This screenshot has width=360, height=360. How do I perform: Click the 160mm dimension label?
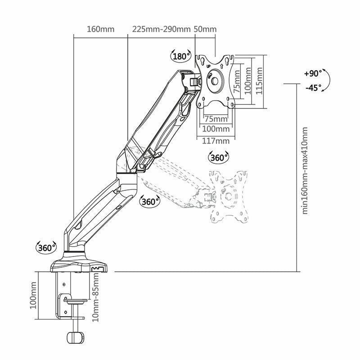pyautogui.click(x=100, y=29)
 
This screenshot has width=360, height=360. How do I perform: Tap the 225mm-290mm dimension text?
pyautogui.click(x=162, y=29)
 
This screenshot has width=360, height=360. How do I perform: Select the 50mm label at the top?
pyautogui.click(x=205, y=29)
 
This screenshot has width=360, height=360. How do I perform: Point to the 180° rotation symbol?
pyautogui.click(x=181, y=56)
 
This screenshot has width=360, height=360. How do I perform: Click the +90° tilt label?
pyautogui.click(x=313, y=73)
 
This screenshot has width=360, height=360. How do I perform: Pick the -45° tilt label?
pyautogui.click(x=314, y=87)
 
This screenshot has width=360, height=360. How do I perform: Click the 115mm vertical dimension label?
pyautogui.click(x=259, y=81)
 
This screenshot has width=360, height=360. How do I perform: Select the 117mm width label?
pyautogui.click(x=216, y=141)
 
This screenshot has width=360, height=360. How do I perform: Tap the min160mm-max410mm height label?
pyautogui.click(x=305, y=171)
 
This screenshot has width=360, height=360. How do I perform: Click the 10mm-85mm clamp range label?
pyautogui.click(x=95, y=297)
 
